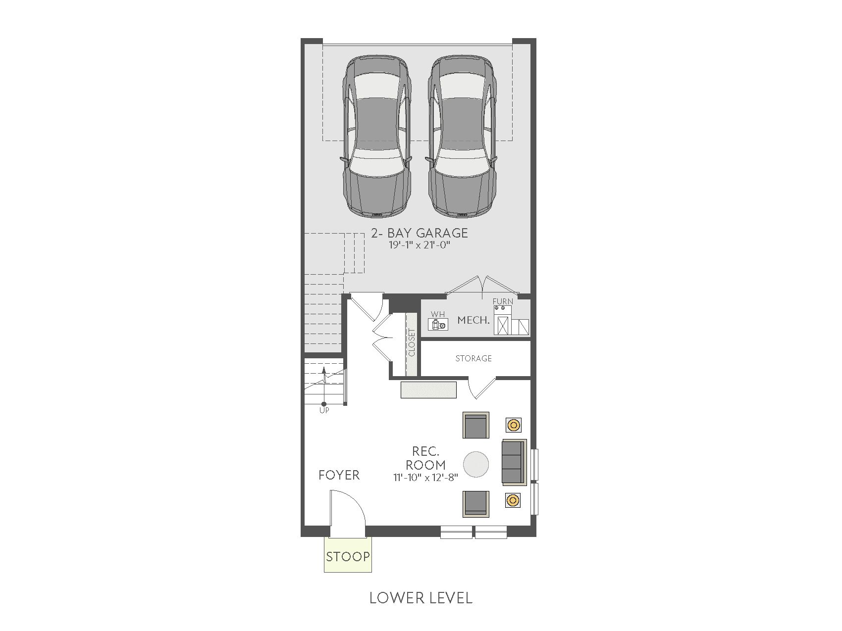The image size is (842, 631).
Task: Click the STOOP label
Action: (348, 556)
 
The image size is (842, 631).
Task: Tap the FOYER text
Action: (339, 475)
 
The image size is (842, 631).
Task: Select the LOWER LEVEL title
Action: (421, 598)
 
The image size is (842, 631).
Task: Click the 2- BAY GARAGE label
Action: (420, 233)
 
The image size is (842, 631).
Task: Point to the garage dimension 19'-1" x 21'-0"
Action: (420, 245)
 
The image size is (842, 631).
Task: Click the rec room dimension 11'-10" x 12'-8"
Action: (426, 478)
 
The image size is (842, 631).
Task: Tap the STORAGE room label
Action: (474, 358)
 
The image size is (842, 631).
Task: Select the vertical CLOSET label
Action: (412, 342)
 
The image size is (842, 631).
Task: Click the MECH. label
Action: (474, 320)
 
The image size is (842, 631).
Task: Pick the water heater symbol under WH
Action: (438, 324)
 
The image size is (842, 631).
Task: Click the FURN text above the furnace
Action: (503, 301)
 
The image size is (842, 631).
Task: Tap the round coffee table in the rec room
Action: (476, 464)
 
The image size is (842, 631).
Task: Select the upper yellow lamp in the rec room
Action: (514, 425)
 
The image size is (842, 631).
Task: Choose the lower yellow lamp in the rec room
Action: (513, 500)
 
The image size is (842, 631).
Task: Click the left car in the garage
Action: (376, 136)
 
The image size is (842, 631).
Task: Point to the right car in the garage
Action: (462, 136)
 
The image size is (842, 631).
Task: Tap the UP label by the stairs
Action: (324, 410)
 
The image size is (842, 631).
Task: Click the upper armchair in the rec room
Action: (476, 425)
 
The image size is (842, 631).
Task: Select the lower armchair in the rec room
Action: (476, 504)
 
